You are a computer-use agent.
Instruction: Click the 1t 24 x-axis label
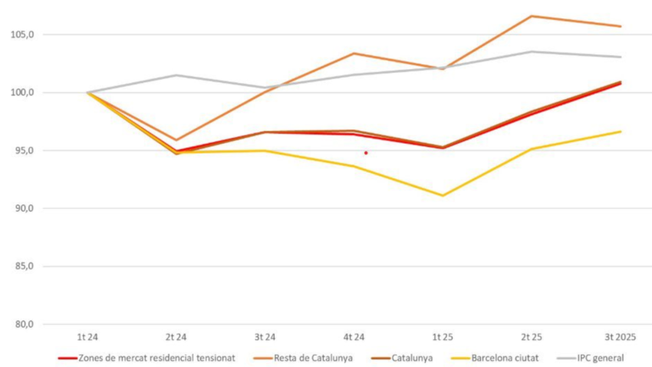pyautogui.click(x=87, y=337)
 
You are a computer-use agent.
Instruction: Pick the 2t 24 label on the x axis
pyautogui.click(x=176, y=337)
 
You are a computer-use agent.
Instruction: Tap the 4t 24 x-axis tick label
pyautogui.click(x=354, y=337)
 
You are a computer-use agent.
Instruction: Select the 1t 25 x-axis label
pyautogui.click(x=443, y=337)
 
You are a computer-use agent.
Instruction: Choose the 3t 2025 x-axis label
pyautogui.click(x=620, y=337)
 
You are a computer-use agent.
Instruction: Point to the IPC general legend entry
pyautogui.click(x=593, y=357)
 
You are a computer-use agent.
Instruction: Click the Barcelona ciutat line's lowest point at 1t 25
pyautogui.click(x=443, y=196)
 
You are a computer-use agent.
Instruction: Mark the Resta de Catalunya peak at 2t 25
pyautogui.click(x=531, y=16)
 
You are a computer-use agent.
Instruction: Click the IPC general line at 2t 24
pyautogui.click(x=176, y=75)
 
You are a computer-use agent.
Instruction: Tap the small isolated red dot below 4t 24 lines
pyautogui.click(x=366, y=153)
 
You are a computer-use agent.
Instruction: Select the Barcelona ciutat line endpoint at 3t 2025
pyautogui.click(x=620, y=131)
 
